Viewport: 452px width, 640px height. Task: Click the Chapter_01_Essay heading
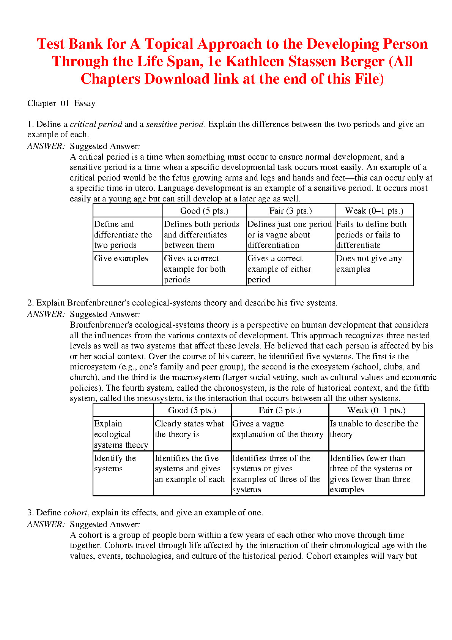(x=61, y=103)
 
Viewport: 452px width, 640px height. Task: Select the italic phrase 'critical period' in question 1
(x=96, y=124)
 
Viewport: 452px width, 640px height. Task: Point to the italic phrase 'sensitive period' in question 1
(x=175, y=124)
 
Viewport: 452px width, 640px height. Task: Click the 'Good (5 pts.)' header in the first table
(x=204, y=211)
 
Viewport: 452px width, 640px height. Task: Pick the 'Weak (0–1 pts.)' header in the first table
(x=374, y=211)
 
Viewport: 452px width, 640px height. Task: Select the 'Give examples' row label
(x=121, y=258)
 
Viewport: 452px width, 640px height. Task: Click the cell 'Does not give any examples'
(x=369, y=264)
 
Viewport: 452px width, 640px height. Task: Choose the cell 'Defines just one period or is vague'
(x=290, y=234)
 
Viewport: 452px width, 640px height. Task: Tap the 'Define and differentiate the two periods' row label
(x=123, y=234)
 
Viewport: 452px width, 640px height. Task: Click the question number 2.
(x=30, y=303)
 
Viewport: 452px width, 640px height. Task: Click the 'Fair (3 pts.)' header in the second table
(x=280, y=410)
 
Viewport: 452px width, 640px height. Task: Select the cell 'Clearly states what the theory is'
(x=189, y=429)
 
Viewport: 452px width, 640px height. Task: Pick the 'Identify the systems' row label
(x=115, y=463)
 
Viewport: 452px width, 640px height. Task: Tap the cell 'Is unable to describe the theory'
(x=374, y=429)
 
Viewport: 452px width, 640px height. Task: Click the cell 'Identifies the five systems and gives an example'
(x=189, y=469)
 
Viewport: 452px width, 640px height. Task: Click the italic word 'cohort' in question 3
(x=75, y=513)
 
